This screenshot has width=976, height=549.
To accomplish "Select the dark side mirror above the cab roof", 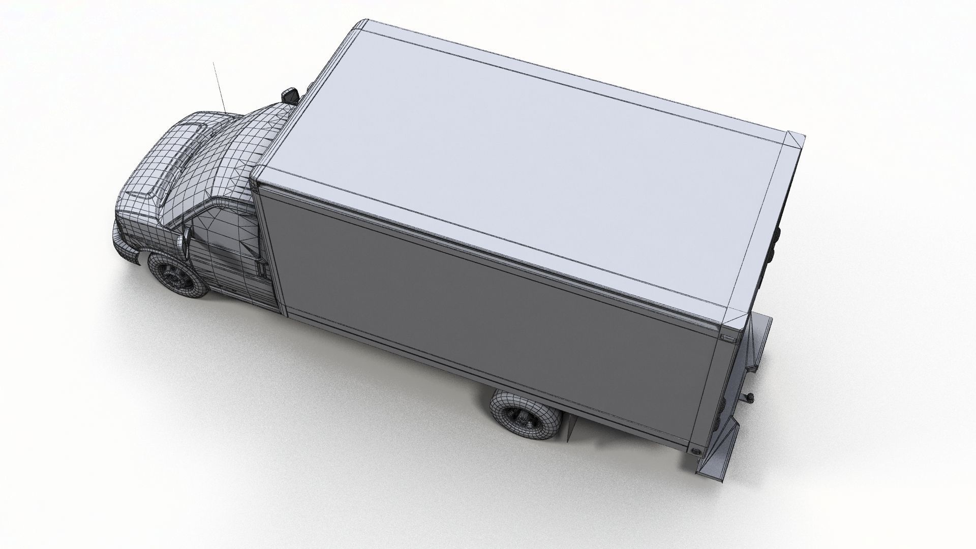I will pyautogui.click(x=290, y=95).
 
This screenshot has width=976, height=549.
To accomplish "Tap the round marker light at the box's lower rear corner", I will pyautogui.click(x=696, y=450).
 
